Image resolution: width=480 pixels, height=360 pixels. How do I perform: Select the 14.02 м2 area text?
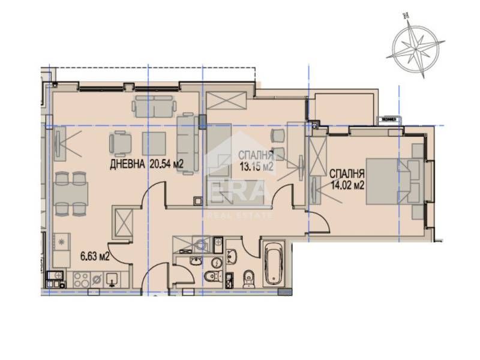point(347,185)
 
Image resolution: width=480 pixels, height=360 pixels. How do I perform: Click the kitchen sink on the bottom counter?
point(112,278)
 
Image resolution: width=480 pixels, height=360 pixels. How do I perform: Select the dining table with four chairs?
point(71,193)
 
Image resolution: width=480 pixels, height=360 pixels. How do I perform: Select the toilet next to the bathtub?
point(248,277)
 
